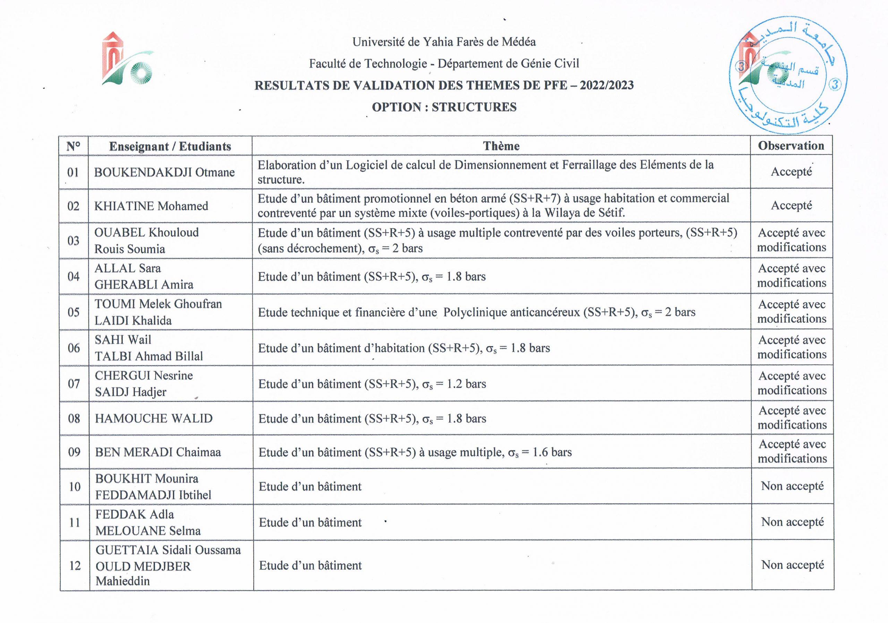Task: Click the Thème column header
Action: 501,146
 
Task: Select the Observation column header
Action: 791,145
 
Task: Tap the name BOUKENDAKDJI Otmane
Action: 164,172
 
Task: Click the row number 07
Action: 74,384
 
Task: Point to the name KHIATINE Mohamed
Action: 151,206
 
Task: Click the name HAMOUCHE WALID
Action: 154,418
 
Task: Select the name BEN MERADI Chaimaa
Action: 158,452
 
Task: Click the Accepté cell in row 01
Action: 791,171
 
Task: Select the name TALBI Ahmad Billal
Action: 149,356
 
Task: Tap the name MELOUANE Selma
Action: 148,531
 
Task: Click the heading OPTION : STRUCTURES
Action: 444,107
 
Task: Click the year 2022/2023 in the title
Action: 606,85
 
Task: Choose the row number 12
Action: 75,566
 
